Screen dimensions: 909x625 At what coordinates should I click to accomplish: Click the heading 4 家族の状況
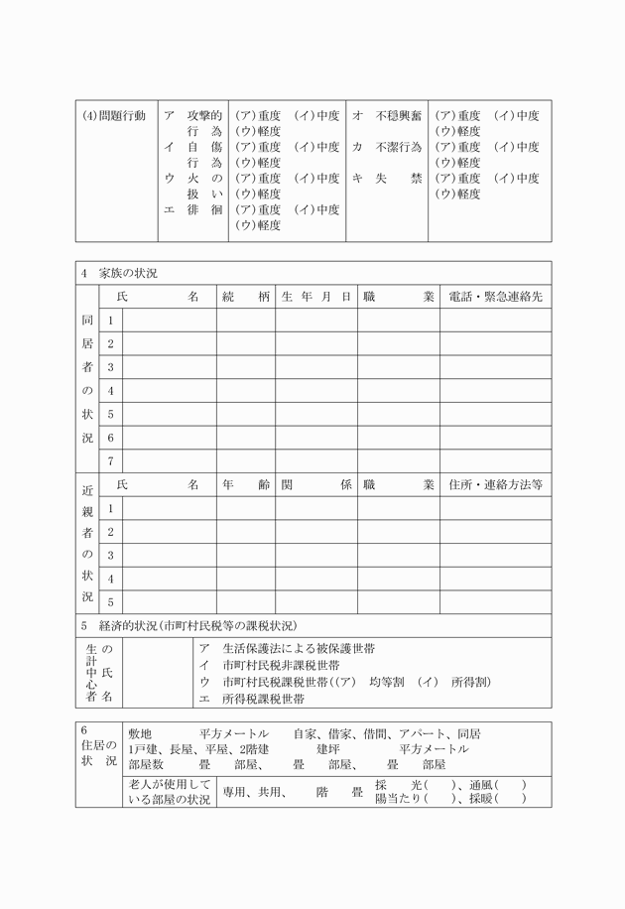click(118, 273)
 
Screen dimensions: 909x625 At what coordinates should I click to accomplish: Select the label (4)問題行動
click(114, 115)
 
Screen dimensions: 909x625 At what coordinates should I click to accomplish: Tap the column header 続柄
click(246, 296)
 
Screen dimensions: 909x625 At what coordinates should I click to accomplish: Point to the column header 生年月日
click(316, 296)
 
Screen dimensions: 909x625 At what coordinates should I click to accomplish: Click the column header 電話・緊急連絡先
click(495, 296)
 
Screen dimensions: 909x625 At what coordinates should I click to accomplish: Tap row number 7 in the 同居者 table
click(111, 460)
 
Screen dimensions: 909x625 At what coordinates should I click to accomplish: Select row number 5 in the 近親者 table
click(111, 601)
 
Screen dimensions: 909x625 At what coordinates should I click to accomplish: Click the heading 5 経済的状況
click(188, 625)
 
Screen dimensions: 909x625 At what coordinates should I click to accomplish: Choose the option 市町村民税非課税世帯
click(272, 665)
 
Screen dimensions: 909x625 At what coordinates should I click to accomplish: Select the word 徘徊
click(204, 209)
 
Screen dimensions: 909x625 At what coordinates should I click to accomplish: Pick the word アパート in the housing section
click(418, 733)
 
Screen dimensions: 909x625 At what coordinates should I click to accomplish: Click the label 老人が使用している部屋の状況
click(169, 792)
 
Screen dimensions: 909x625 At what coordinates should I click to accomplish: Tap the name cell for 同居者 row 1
click(170, 320)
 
